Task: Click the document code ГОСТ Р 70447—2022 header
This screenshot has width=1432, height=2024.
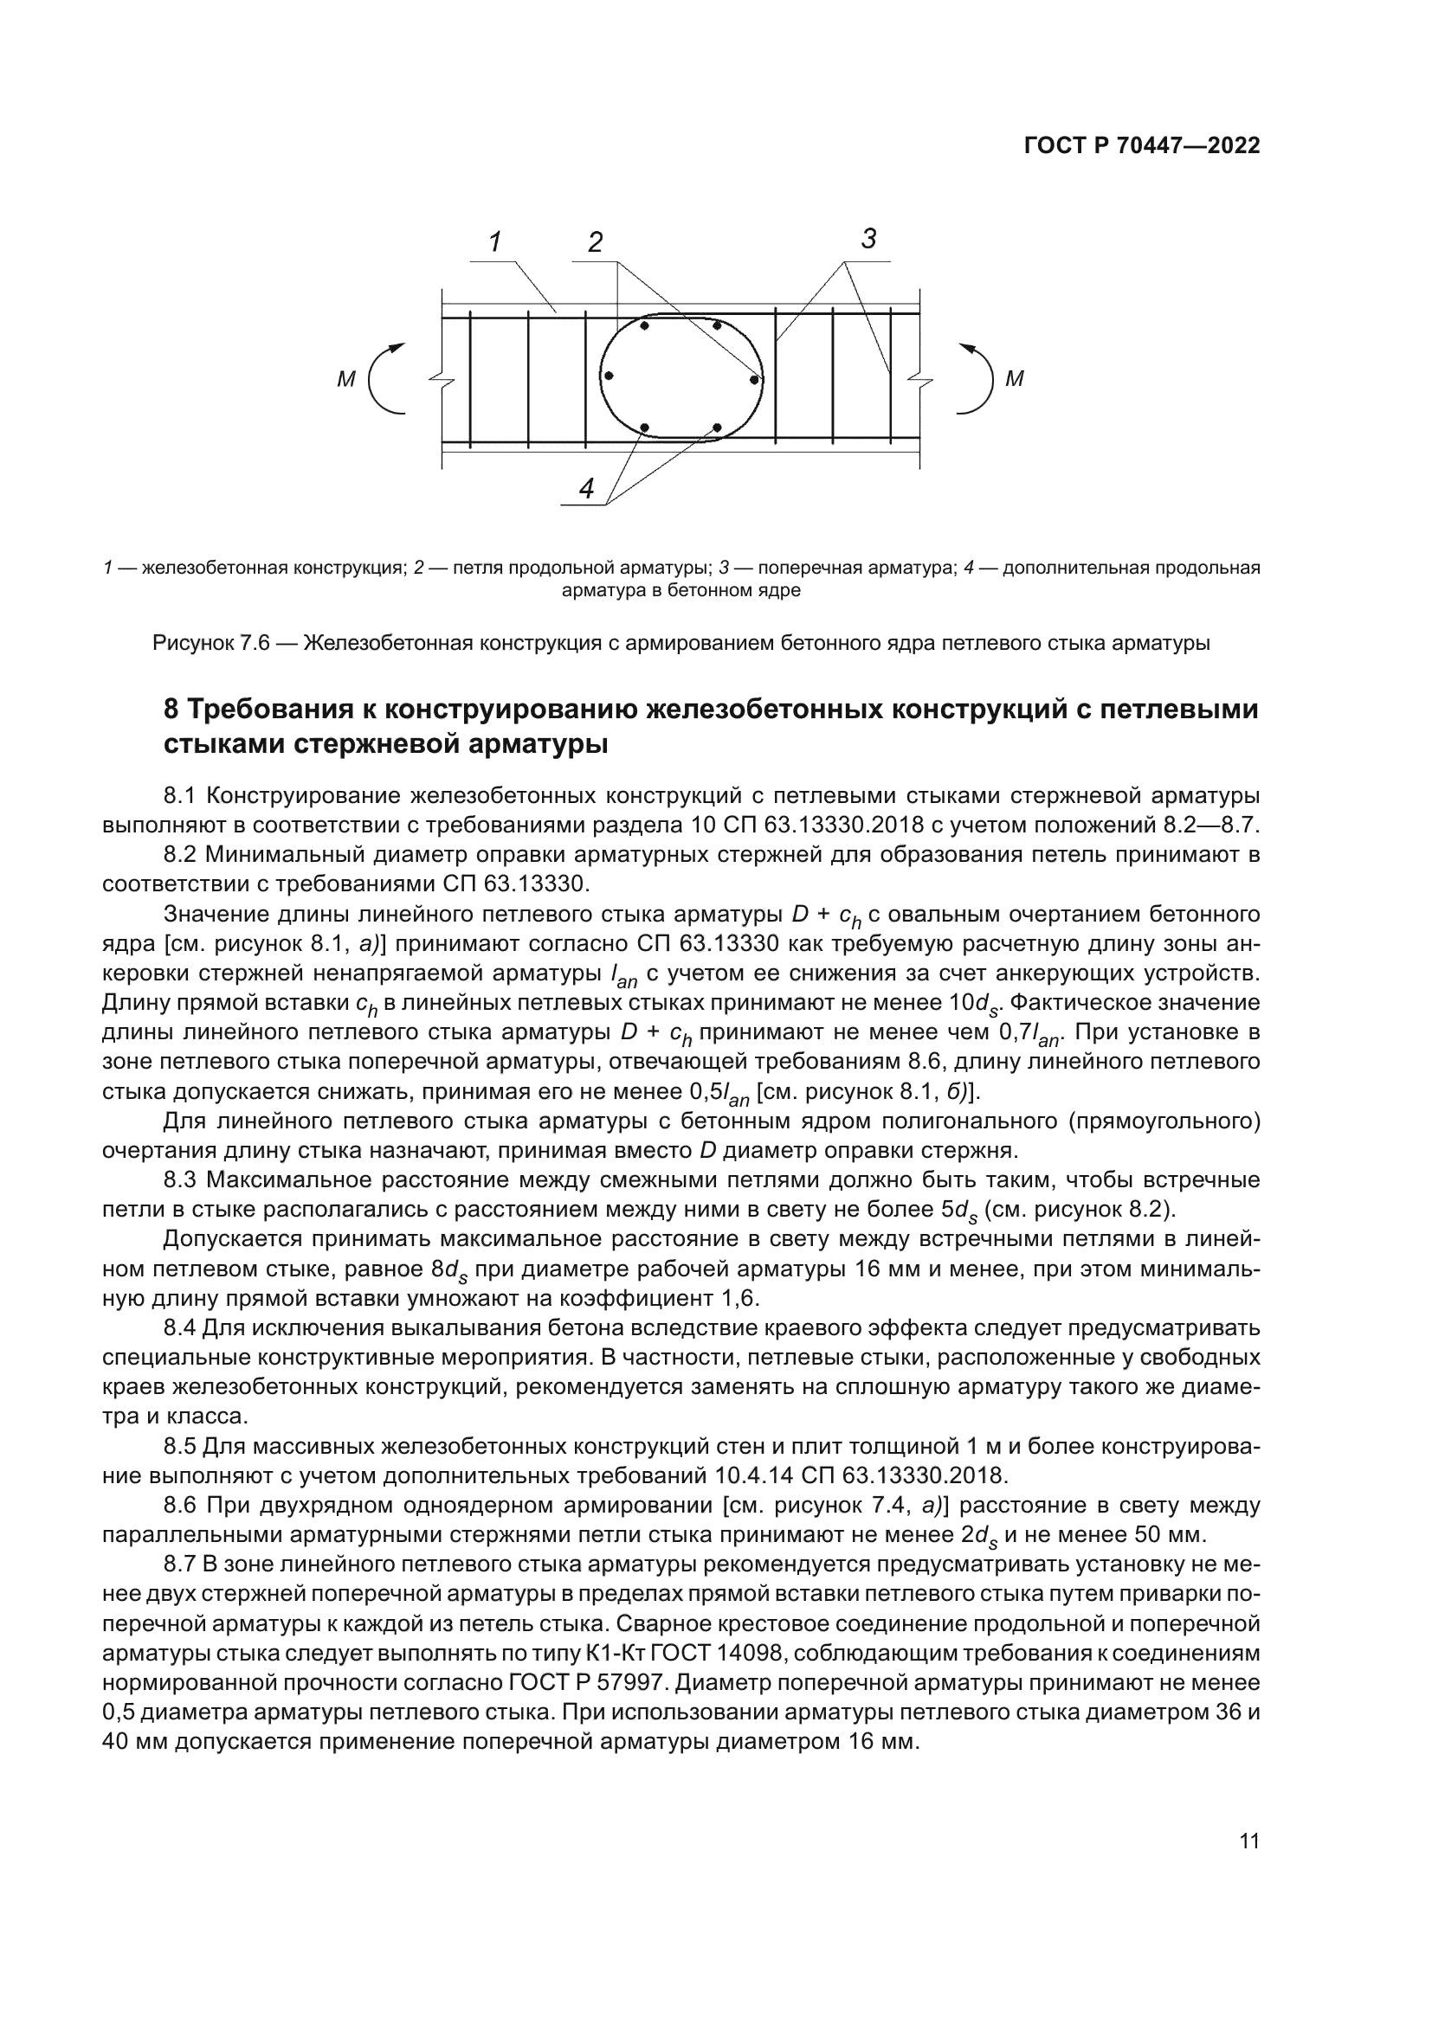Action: coord(1142,146)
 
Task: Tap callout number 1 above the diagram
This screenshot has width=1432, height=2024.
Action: coord(495,241)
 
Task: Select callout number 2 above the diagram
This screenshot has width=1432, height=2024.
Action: coord(596,242)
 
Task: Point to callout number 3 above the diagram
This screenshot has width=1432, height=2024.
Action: coord(869,238)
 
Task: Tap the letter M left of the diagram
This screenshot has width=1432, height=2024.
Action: coord(345,380)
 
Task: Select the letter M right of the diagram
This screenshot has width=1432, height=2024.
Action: coord(1015,380)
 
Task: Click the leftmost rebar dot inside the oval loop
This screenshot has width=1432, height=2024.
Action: coord(609,376)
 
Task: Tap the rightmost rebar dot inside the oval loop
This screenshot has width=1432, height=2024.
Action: coord(755,380)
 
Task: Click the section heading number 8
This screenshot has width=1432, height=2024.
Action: coord(172,710)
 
